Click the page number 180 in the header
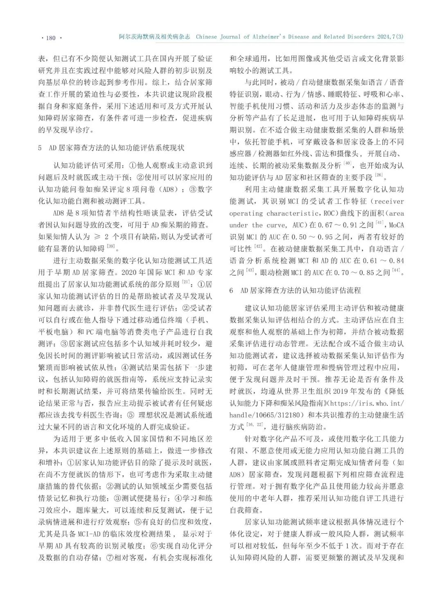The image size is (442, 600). point(51,38)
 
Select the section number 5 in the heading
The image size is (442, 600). point(40,148)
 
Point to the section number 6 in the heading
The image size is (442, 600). point(232,291)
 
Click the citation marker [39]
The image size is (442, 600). point(110,246)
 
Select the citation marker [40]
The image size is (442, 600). point(347,164)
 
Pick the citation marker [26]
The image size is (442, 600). point(379,176)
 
